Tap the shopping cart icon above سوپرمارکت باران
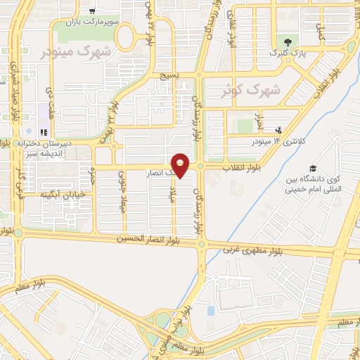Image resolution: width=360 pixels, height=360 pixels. point(93,11)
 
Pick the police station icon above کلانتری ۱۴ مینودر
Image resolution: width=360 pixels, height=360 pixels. point(279,130)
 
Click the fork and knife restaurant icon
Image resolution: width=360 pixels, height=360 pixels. point(44,131)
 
